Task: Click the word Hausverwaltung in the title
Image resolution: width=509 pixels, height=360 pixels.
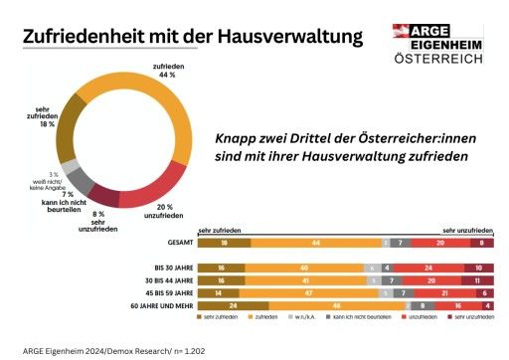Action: point(289,37)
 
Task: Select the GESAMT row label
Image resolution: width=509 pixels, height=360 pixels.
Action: point(180,242)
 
